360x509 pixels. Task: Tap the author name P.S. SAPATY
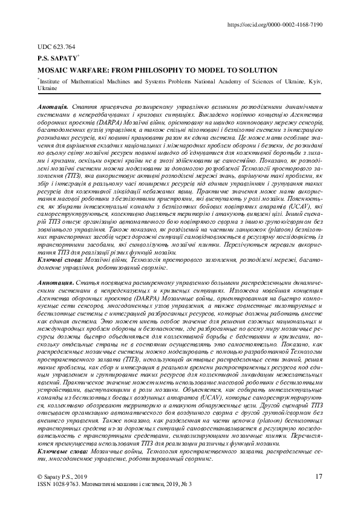coord(58,59)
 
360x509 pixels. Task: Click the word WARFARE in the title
coord(90,70)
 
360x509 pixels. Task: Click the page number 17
coord(319,477)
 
